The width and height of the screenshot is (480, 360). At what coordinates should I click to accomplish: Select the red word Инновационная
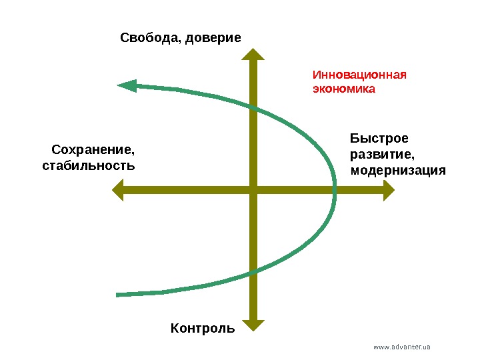tap(359, 74)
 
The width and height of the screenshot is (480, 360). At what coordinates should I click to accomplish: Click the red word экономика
tap(344, 88)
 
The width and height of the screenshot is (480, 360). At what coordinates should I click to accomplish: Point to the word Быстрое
tap(379, 139)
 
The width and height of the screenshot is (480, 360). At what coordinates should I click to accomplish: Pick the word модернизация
tap(397, 170)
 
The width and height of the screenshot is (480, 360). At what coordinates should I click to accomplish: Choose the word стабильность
tap(88, 164)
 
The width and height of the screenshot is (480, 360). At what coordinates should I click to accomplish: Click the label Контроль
tap(203, 328)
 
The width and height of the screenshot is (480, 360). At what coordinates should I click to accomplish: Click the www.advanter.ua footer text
tap(402, 347)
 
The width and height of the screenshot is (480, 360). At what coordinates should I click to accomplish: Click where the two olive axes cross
tap(253, 192)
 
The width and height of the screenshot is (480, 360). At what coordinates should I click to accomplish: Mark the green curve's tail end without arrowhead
tap(118, 294)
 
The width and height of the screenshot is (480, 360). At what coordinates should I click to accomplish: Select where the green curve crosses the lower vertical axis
tap(253, 270)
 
